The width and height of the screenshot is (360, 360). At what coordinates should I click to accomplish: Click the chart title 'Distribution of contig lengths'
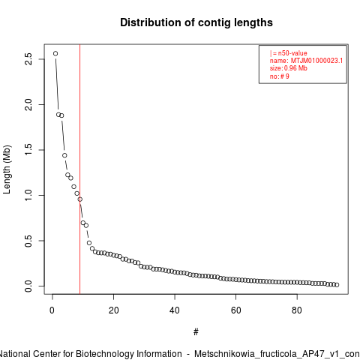(196, 22)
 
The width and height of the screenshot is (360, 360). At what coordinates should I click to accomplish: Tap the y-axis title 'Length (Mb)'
(7, 169)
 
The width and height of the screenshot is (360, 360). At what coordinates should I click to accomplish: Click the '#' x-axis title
(196, 332)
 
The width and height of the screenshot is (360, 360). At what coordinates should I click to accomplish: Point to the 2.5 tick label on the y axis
(28, 59)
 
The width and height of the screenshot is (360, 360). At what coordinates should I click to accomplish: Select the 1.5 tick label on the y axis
(28, 150)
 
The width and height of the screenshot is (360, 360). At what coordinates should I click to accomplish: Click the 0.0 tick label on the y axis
(28, 286)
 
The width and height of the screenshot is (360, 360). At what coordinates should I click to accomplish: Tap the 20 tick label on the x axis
(113, 310)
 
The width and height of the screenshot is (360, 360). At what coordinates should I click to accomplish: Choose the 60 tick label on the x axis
(235, 310)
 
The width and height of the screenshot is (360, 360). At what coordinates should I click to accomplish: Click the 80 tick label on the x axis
(297, 310)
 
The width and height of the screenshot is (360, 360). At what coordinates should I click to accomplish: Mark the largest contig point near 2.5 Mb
(55, 53)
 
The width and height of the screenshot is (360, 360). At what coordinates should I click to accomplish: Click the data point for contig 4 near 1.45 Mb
(64, 155)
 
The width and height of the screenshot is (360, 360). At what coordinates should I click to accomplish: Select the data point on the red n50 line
(79, 199)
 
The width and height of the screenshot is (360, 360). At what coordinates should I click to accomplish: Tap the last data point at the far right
(337, 285)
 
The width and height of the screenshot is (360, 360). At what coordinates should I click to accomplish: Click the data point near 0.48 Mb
(89, 243)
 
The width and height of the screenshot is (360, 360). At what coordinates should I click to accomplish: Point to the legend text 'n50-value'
(292, 53)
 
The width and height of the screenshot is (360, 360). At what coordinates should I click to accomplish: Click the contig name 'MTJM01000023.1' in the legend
(316, 61)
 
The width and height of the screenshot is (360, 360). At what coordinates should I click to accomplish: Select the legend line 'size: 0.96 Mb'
(288, 68)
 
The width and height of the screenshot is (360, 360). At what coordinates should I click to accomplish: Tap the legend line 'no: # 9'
(279, 76)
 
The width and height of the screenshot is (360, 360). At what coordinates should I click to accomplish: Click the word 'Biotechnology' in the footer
(128, 354)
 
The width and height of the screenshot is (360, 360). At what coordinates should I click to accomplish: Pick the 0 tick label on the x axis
(52, 310)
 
